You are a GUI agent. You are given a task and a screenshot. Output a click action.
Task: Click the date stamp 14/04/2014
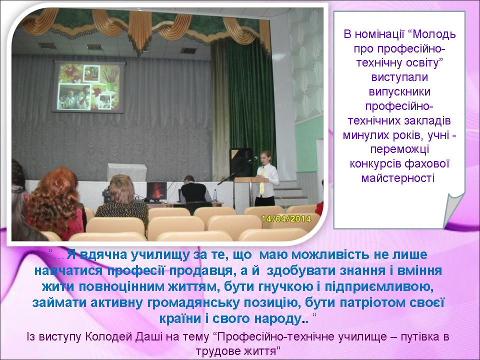(x=286, y=219)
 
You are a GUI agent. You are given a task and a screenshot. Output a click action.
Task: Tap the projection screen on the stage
(x=89, y=86)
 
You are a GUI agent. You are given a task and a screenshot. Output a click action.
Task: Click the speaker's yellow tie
(x=262, y=181)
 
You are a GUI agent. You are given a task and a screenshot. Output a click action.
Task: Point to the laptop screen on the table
(x=156, y=190)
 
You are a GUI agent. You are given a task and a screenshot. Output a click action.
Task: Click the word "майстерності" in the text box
(x=398, y=178)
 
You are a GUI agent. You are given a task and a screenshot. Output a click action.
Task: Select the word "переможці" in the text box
(x=399, y=149)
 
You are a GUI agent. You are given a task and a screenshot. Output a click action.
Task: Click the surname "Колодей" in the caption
(x=108, y=336)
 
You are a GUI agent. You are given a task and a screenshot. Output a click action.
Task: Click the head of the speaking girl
(x=265, y=156)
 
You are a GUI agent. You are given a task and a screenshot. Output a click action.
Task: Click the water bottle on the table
(x=215, y=195)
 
